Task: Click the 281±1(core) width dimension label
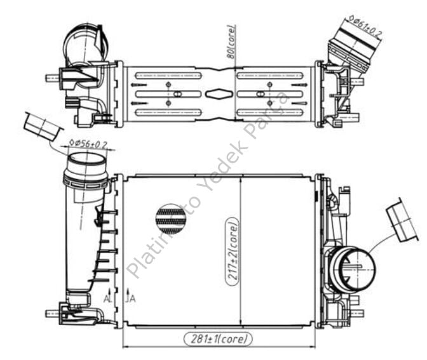[x=218, y=338]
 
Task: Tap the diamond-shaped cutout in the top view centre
[x=218, y=94]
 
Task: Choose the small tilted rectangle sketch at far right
[x=403, y=220]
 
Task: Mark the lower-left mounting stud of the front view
[x=53, y=313]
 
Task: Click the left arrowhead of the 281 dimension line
[x=125, y=347]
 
